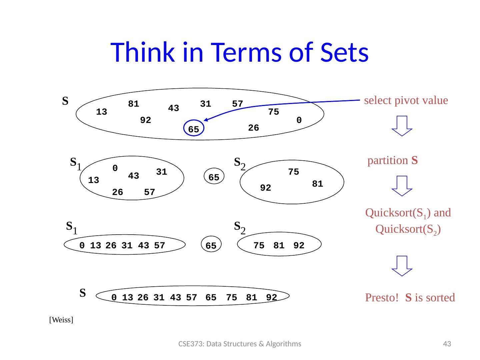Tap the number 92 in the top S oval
146,120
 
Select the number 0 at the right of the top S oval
299,120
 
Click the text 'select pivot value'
406,100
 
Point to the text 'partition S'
393,161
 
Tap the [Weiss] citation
61,320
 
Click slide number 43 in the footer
447,344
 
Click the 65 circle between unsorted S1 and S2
214,178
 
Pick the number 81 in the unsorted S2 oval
318,184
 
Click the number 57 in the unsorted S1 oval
150,192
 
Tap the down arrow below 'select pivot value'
402,126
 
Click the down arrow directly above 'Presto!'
402,266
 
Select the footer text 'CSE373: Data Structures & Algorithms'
240,344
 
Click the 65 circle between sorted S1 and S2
211,246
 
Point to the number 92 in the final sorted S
272,297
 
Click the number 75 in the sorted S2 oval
259,246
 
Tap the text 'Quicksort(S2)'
408,229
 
